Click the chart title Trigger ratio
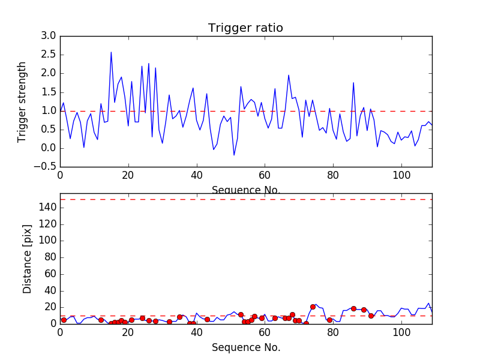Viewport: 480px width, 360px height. coord(245,28)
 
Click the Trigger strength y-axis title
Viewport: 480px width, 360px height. coord(22,101)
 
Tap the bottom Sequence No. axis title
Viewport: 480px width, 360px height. coord(245,347)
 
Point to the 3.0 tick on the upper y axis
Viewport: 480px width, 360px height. coord(49,36)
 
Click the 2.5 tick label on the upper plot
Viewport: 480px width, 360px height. coord(49,55)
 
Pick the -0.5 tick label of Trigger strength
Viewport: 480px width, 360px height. coord(46,167)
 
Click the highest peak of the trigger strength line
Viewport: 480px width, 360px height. coord(111,52)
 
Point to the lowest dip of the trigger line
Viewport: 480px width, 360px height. coord(234,155)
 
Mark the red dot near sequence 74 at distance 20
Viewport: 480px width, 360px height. coord(313,307)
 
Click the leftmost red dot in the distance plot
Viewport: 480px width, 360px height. coord(64,320)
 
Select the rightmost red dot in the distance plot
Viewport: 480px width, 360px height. coord(371,316)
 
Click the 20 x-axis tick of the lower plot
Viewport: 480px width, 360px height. coord(128,333)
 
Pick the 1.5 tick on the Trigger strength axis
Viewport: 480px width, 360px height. coord(49,92)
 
